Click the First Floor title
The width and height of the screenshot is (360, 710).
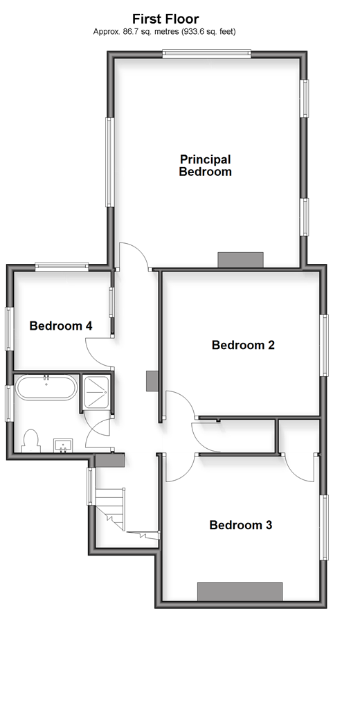165,19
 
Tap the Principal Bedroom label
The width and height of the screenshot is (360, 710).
205,166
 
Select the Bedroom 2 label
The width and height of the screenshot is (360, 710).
243,345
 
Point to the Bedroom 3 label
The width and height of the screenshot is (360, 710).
240,525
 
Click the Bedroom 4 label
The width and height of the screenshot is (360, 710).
61,326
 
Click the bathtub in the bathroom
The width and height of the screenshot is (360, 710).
46,387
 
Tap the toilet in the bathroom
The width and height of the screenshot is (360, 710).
30,441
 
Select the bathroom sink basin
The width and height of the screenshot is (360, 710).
63,445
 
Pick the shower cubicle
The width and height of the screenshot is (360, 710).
96,393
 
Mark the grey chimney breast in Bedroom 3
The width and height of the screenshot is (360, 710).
240,592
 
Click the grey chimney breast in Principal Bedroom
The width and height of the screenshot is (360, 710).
240,260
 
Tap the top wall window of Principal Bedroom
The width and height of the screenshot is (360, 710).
207,54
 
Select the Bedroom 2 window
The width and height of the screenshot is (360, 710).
324,346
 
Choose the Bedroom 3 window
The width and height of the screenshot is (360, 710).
324,528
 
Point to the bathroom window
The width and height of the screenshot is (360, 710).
8,403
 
